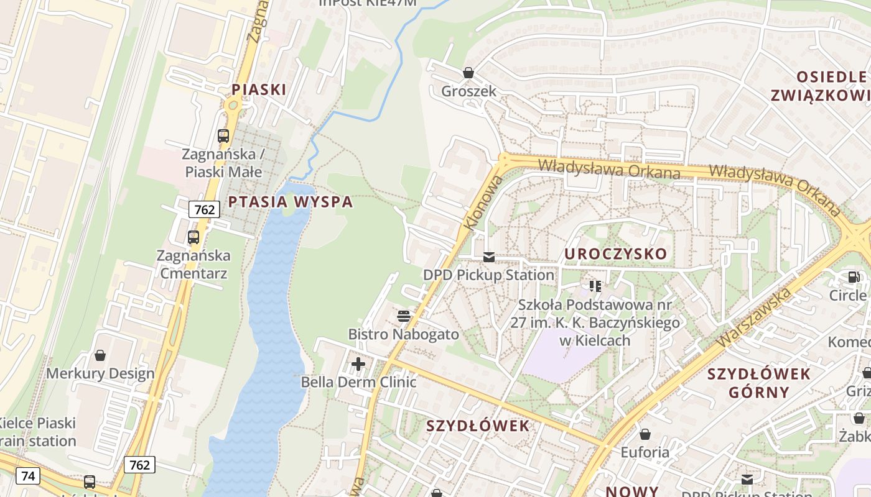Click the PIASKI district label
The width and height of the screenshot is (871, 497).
(x=259, y=89)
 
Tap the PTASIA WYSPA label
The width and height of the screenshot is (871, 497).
(x=290, y=202)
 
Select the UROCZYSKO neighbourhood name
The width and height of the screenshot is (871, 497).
(x=615, y=253)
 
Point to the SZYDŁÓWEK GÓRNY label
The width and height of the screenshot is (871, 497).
(x=759, y=383)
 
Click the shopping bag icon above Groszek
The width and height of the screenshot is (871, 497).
(x=468, y=73)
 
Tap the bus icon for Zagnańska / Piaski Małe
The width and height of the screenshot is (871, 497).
(x=223, y=135)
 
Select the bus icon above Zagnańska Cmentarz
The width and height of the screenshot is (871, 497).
(x=193, y=237)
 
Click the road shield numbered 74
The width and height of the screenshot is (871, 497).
(x=28, y=476)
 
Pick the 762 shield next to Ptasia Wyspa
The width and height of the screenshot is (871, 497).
(x=204, y=209)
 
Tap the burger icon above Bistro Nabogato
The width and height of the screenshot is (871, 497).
(x=404, y=316)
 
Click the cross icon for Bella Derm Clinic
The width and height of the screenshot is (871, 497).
(x=358, y=364)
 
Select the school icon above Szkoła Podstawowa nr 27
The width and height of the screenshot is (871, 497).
(x=595, y=286)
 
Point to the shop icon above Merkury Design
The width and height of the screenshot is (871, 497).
(x=100, y=355)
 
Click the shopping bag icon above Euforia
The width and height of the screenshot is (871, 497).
(x=645, y=434)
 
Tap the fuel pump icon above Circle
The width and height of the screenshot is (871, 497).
(x=852, y=277)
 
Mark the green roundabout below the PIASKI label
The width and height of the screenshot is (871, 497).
(x=233, y=105)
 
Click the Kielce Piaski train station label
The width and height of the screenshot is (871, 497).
(x=37, y=432)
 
